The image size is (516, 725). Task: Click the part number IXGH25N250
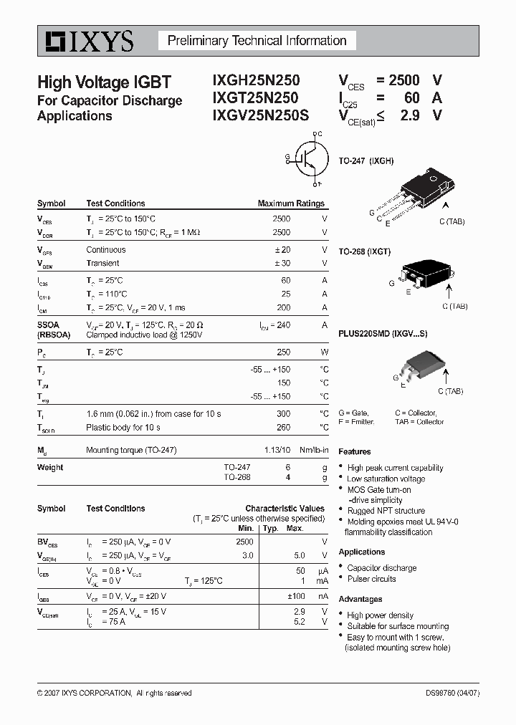[256, 81]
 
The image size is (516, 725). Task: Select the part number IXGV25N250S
[261, 115]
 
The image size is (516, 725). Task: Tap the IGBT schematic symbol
[307, 158]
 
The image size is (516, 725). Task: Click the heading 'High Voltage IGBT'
[104, 82]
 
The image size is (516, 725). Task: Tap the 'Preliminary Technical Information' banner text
[257, 41]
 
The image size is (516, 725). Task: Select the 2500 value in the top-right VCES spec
[403, 81]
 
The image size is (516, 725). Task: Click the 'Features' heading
[355, 452]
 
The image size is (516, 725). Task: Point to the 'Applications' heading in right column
[362, 552]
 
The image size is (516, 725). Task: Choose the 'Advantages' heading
[360, 599]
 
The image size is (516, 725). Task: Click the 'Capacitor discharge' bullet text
[382, 568]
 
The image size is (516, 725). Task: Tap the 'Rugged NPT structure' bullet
[386, 511]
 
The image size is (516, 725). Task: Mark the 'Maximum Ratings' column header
[291, 203]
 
